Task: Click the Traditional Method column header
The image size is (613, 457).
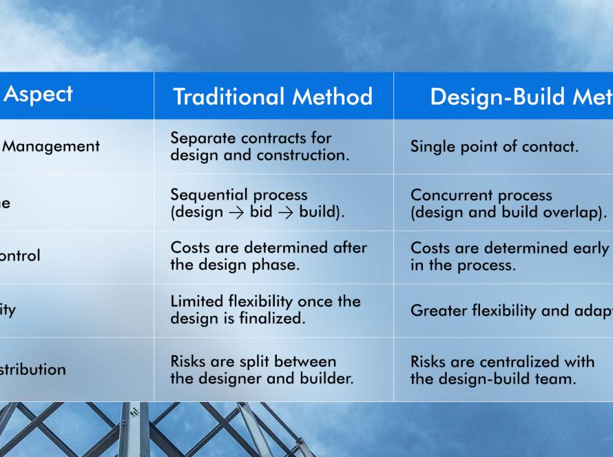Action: (x=273, y=96)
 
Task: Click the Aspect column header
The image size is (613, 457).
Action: (x=38, y=94)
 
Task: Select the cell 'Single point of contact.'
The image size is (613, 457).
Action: (x=495, y=147)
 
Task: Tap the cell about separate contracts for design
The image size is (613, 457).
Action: (x=260, y=147)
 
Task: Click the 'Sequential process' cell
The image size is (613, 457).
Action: (x=258, y=203)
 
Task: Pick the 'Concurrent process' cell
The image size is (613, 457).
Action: (x=508, y=204)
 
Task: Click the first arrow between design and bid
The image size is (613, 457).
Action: (x=236, y=212)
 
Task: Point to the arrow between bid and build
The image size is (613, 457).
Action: (x=286, y=212)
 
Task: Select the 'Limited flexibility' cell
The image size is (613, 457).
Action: (x=265, y=310)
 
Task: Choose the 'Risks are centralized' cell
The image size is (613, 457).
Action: (x=502, y=370)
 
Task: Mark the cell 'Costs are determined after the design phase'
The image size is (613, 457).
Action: (x=269, y=256)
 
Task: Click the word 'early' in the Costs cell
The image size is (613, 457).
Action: (x=590, y=248)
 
